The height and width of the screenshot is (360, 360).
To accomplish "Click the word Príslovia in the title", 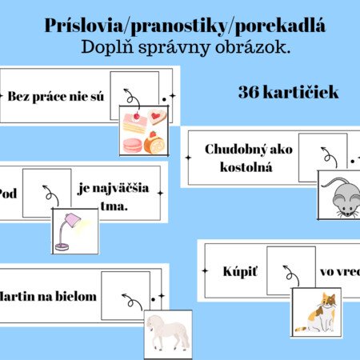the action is click(83, 26).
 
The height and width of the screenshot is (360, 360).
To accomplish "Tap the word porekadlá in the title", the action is click(280, 26).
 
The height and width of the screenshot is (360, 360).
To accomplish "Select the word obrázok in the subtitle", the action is click(253, 47).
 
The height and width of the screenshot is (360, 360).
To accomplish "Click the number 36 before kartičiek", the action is click(249, 92).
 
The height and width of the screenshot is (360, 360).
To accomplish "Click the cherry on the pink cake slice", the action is click(137, 116).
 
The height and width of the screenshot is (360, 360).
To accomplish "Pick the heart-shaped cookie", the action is click(158, 116).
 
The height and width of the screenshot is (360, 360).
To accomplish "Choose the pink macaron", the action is click(132, 146).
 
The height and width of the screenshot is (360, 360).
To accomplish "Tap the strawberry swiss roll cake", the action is click(154, 142).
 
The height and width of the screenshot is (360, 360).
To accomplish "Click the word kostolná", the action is click(246, 167).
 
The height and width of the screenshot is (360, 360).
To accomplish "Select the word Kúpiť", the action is click(240, 272).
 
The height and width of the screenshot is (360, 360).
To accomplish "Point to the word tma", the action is click(114, 206).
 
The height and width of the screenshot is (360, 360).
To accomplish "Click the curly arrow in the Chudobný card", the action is click(329, 157).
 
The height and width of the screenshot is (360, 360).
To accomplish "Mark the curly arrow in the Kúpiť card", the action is click(291, 275).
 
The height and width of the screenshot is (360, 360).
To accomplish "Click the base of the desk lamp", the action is click(62, 247).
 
